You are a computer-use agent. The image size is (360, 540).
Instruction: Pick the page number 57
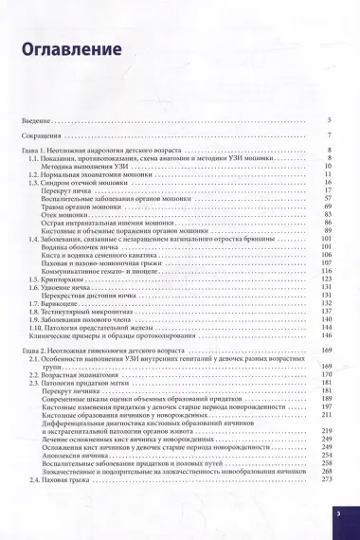coord(326,172)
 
